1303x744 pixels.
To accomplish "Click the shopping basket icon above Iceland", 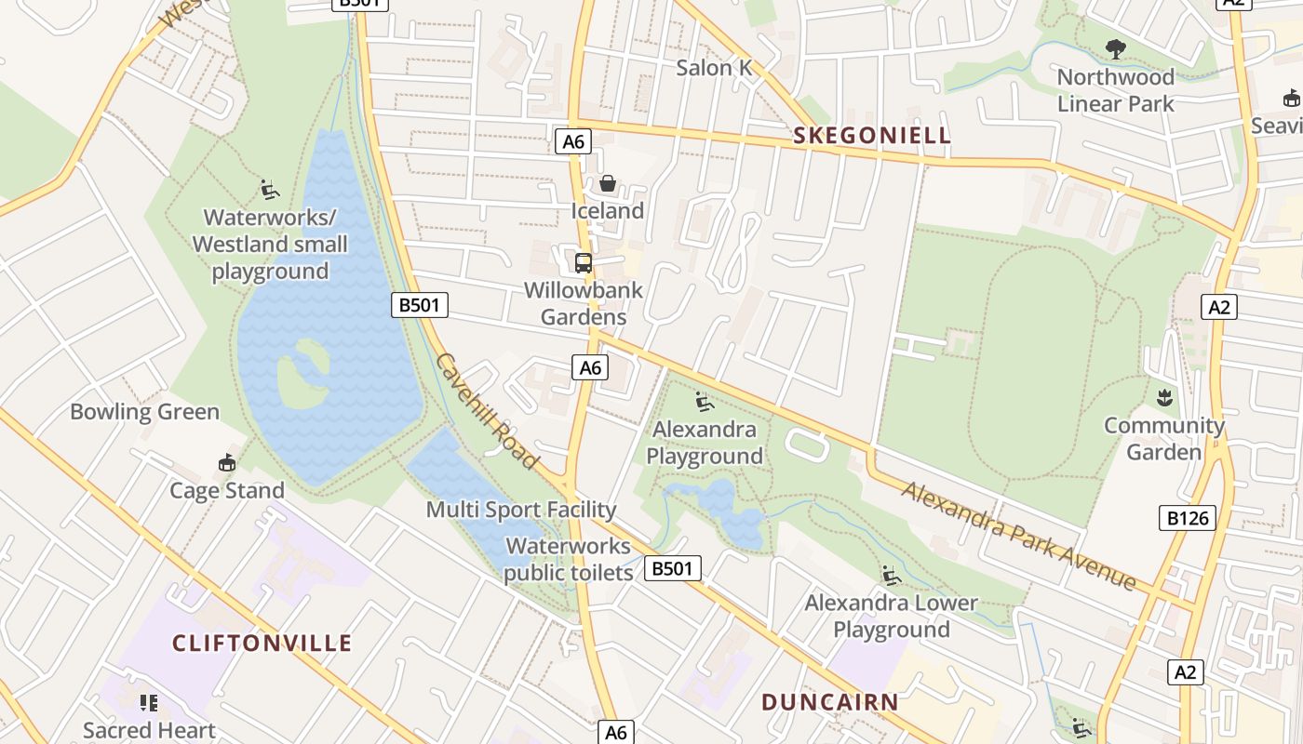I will (607, 183).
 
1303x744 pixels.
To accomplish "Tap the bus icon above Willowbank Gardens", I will (584, 263).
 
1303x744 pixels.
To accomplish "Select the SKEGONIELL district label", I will (872, 136).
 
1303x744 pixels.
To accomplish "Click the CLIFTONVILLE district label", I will (262, 643).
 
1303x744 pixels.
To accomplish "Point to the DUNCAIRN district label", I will (830, 702).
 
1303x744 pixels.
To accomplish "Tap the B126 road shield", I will (1188, 518).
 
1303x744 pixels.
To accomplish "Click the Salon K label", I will (714, 67).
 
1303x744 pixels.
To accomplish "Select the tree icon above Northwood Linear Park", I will (1115, 48).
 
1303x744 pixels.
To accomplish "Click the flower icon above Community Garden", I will (1163, 399).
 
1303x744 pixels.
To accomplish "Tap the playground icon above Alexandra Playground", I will (704, 403).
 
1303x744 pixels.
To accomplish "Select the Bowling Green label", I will (145, 412).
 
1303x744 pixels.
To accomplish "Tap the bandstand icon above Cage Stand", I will (226, 462).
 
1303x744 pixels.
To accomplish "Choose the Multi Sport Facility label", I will (521, 510).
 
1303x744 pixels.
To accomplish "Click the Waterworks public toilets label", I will (568, 559).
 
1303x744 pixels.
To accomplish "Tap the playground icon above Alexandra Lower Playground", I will (892, 576).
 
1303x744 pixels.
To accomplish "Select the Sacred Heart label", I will (149, 730).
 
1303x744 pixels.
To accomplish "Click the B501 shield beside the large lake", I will (420, 304).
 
